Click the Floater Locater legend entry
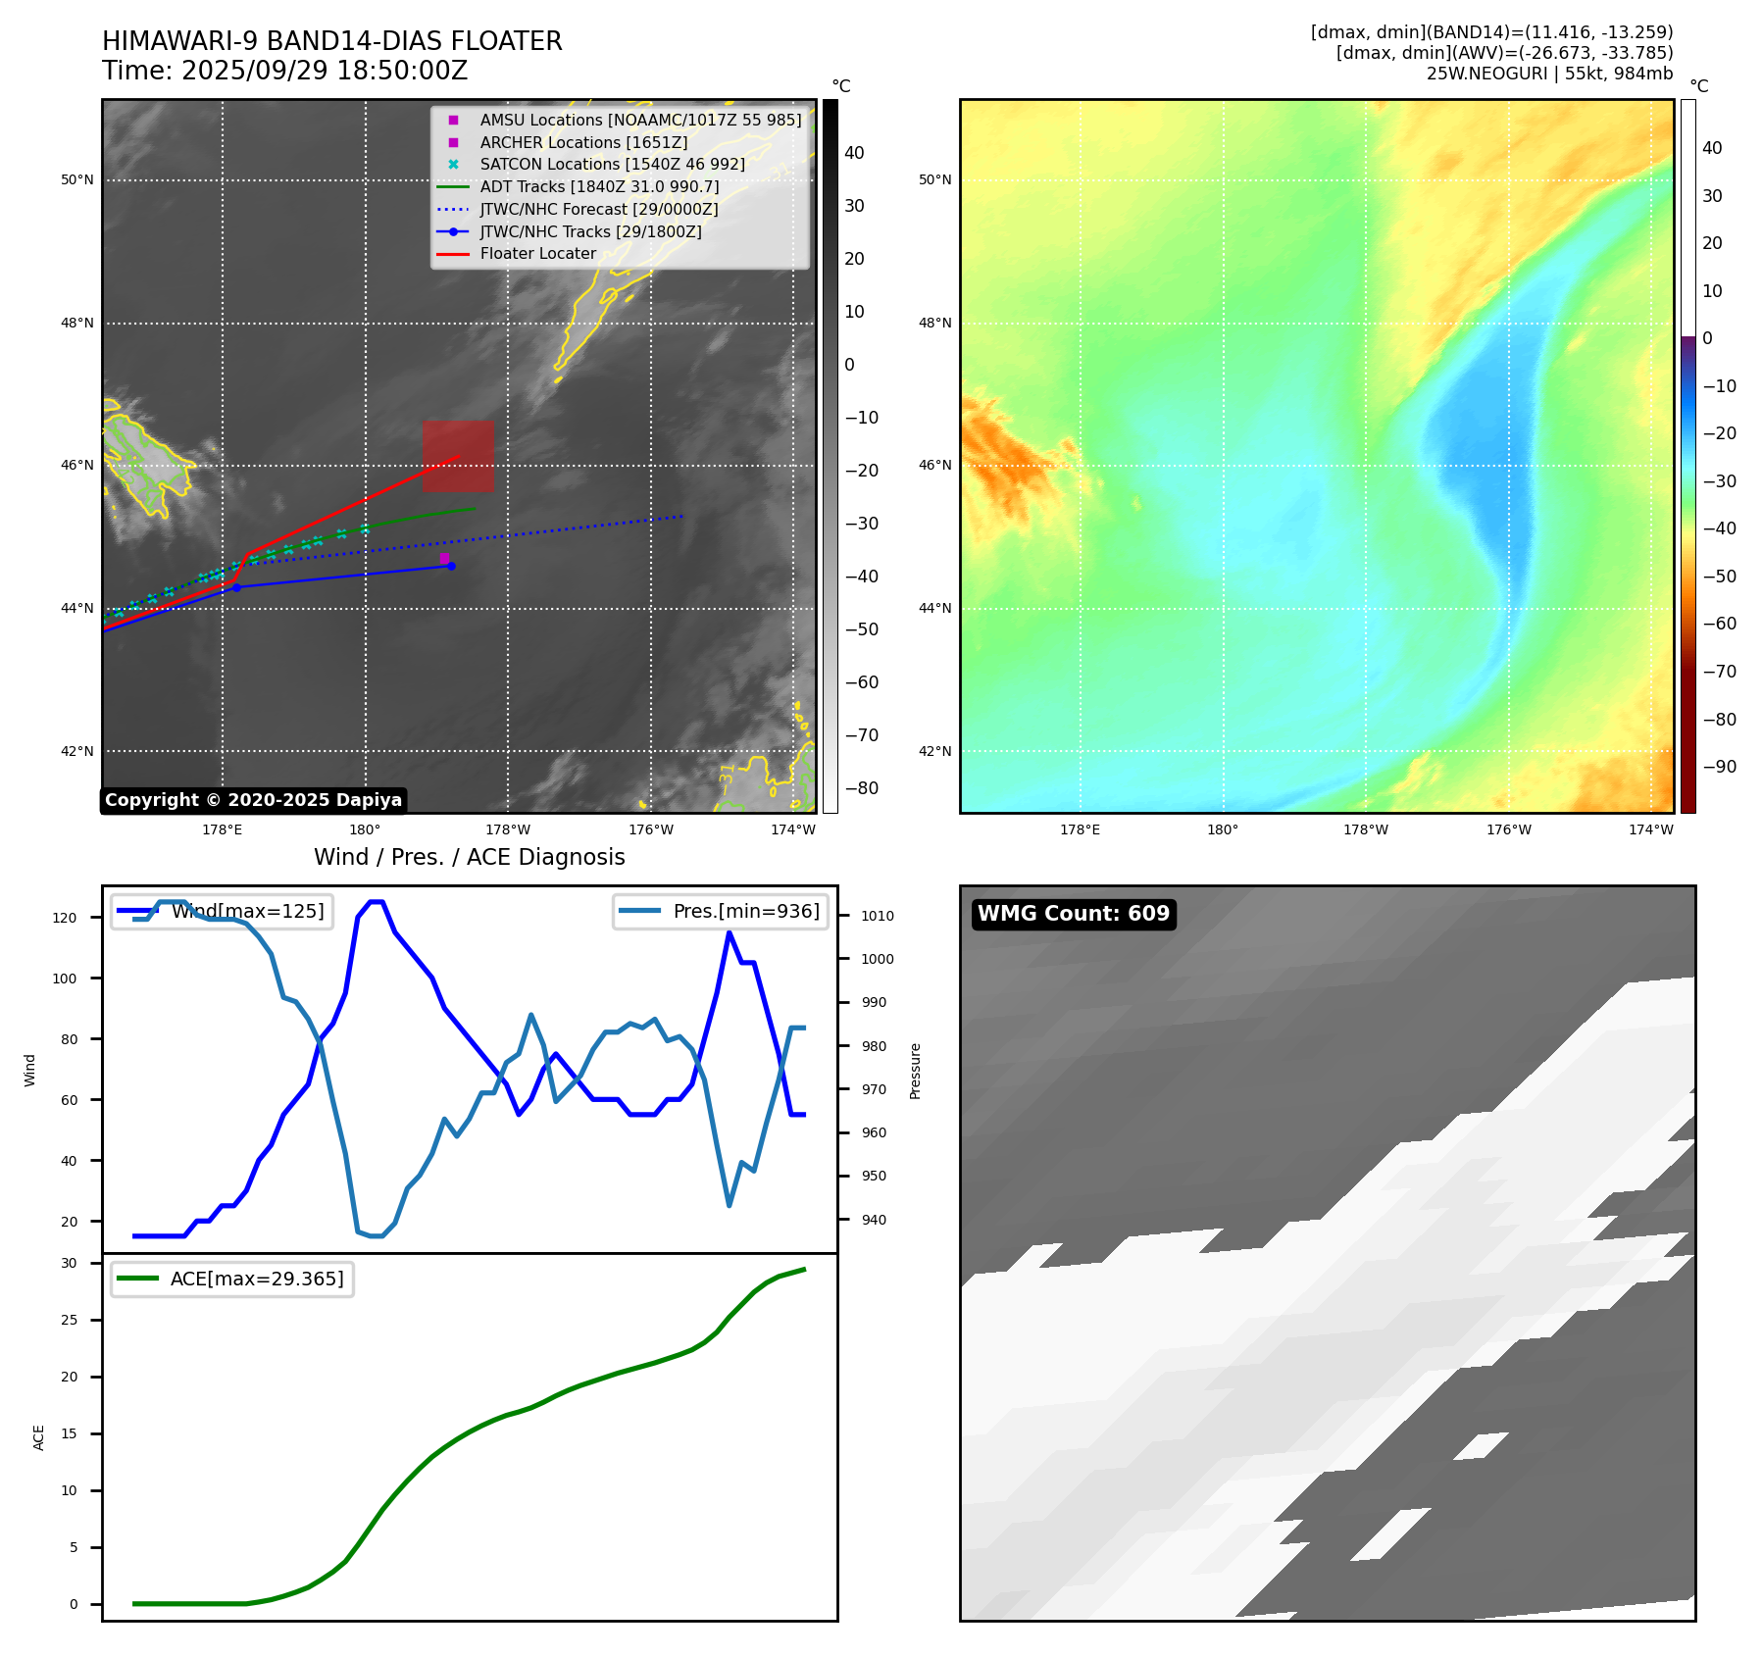pos(537,254)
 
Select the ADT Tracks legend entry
pos(599,186)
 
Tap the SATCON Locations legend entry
pos(612,165)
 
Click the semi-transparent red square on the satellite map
pos(458,456)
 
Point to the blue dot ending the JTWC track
pos(451,566)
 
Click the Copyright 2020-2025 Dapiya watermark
pos(253,800)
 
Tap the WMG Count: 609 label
pos(1073,914)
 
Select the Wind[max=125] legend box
pos(222,911)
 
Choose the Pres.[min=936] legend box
pos(721,911)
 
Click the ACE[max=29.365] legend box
pos(232,1279)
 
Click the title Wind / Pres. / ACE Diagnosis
pos(469,857)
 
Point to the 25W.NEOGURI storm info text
pos(1549,74)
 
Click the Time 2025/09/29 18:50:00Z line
pos(284,72)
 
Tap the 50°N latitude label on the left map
pos(77,180)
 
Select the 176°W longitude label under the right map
pos(1508,829)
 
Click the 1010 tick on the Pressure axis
pos(877,916)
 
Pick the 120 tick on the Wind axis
pos(65,918)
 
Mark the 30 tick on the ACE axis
pos(69,1263)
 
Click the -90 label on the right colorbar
pos(1719,767)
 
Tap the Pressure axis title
pos(915,1071)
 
